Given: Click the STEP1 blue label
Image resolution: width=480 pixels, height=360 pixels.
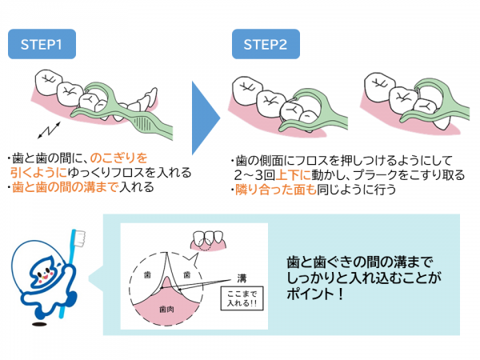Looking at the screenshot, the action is (x=42, y=44).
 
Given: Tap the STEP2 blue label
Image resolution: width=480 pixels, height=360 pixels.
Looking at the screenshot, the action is (x=266, y=44).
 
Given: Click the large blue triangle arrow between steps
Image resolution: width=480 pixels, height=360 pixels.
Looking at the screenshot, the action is (x=206, y=118).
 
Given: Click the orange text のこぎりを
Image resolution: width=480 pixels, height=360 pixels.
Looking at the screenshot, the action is (x=119, y=158).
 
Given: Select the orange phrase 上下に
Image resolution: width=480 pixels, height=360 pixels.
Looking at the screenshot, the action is (x=294, y=175).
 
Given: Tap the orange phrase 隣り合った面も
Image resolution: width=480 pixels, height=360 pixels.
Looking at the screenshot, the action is (x=275, y=190).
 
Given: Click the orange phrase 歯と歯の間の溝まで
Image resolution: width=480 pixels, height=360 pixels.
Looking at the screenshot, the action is (x=65, y=187).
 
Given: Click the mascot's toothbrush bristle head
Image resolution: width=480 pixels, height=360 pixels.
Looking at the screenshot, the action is (x=80, y=238).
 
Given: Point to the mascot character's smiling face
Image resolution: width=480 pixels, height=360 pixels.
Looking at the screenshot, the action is (x=44, y=274).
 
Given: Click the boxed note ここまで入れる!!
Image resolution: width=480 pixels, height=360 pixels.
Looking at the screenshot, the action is (x=242, y=298).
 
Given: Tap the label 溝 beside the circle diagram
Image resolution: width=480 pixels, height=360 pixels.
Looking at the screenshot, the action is (x=242, y=278).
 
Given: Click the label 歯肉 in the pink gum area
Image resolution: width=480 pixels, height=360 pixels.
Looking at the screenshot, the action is (x=166, y=310).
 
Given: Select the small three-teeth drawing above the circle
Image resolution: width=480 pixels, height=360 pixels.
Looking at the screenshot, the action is (x=208, y=241).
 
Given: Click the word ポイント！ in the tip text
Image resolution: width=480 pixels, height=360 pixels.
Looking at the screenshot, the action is (x=315, y=294).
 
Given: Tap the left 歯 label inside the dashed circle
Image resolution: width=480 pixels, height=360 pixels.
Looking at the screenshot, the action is (x=147, y=275).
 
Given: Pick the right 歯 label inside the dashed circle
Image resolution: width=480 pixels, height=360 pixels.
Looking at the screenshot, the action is (x=186, y=275).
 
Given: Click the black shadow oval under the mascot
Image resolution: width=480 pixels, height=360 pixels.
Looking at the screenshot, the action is (x=38, y=324).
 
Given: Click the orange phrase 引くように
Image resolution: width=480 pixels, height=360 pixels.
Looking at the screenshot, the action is (x=38, y=173).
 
